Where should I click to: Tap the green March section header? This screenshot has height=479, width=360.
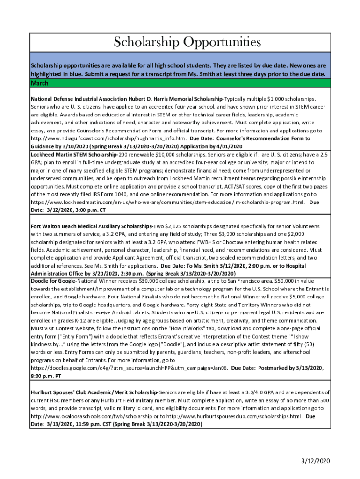(x=40, y=83)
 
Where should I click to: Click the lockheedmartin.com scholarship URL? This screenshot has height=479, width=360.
(x=168, y=202)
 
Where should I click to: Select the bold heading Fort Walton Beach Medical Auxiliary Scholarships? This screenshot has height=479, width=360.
(x=92, y=226)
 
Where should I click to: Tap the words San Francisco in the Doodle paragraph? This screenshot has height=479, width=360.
(x=255, y=281)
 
